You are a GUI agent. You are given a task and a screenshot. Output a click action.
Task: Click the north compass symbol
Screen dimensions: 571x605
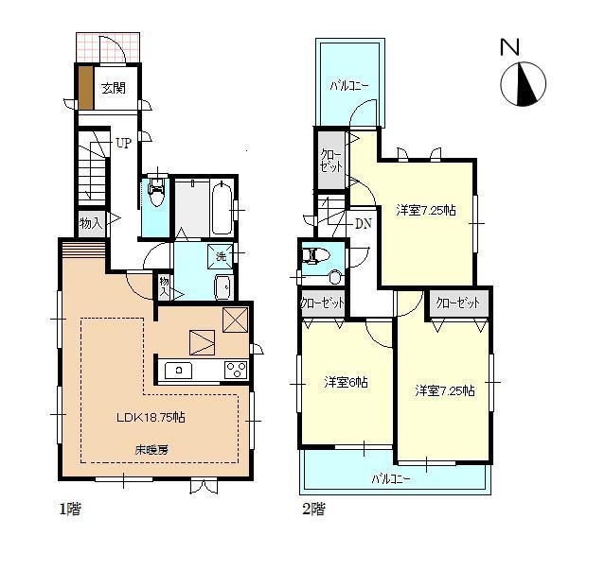[522, 83]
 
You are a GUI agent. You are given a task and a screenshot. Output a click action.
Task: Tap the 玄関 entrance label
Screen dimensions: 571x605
[113, 88]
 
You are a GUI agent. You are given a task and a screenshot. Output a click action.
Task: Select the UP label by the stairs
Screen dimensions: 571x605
[123, 144]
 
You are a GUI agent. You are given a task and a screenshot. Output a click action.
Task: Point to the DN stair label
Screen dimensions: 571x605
[362, 224]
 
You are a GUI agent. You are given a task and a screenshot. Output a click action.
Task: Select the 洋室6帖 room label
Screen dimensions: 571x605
[346, 382]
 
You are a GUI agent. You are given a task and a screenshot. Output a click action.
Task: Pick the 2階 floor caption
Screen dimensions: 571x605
[312, 510]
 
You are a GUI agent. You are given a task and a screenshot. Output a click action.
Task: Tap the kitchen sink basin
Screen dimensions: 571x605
[178, 370]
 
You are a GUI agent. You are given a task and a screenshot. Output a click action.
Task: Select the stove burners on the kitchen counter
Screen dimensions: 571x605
[235, 370]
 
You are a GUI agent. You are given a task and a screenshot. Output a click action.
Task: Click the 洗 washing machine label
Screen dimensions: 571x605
[221, 256]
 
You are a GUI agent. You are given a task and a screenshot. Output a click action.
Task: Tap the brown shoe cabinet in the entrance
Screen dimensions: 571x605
[85, 88]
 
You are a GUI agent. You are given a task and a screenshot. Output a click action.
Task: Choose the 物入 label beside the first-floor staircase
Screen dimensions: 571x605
[90, 224]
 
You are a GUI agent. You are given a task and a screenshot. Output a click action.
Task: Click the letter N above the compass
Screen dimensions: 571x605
[510, 46]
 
